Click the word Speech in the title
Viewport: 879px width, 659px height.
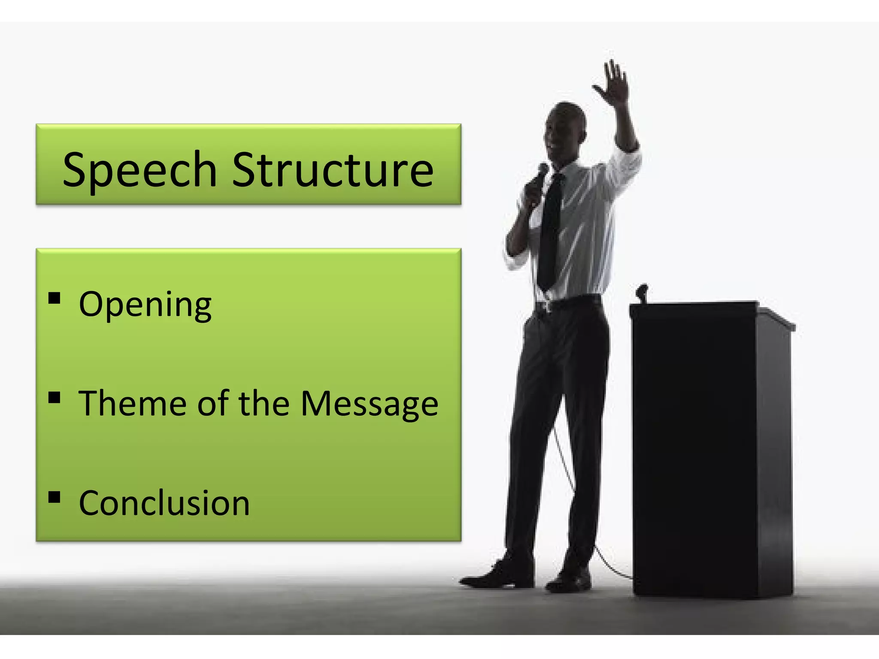click(139, 170)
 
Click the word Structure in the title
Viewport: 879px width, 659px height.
click(333, 170)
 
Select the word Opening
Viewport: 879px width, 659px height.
click(145, 305)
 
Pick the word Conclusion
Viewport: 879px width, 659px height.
click(164, 503)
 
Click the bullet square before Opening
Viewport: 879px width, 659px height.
click(55, 298)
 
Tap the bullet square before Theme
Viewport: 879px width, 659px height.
click(55, 398)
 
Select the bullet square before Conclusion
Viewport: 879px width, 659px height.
click(55, 497)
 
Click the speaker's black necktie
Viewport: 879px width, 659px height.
click(550, 232)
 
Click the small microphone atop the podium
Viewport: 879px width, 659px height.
click(642, 292)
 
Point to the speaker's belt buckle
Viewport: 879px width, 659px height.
click(543, 306)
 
